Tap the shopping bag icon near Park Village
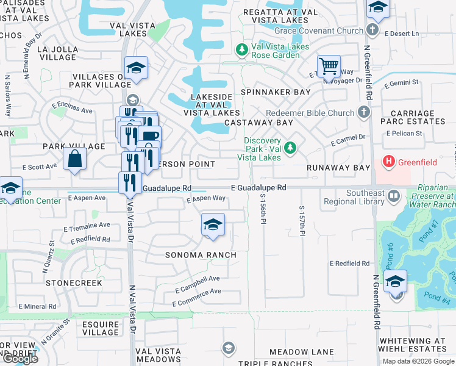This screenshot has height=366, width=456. pyautogui.click(x=74, y=159)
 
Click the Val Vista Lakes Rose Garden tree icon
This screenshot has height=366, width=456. pyautogui.click(x=242, y=49)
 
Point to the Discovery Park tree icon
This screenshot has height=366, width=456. pyautogui.click(x=291, y=147)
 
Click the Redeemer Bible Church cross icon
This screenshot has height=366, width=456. pyautogui.click(x=363, y=112)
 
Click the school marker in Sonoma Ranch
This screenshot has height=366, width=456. pyautogui.click(x=212, y=225)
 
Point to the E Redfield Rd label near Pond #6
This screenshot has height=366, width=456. pyautogui.click(x=349, y=264)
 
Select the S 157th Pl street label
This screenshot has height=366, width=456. pyautogui.click(x=302, y=220)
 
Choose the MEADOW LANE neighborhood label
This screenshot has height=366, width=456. pyautogui.click(x=302, y=352)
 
